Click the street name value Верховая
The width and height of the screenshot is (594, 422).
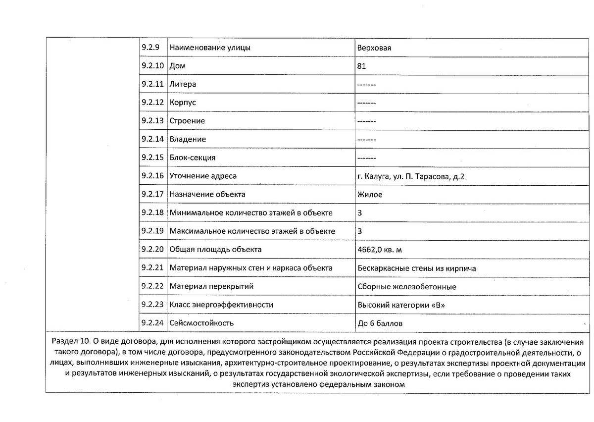click(374, 48)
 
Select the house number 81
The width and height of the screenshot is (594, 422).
click(361, 66)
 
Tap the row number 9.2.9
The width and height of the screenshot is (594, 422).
click(149, 48)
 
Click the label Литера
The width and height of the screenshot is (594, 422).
click(183, 85)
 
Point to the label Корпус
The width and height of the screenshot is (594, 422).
click(183, 103)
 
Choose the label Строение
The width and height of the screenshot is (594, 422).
click(187, 121)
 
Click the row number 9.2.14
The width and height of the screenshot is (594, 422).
click(152, 140)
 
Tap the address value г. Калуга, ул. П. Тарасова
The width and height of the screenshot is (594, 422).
click(411, 176)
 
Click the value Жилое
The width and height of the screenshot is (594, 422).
click(370, 195)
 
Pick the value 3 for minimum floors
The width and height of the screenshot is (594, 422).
click(359, 213)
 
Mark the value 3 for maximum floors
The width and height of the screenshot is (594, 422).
click(359, 231)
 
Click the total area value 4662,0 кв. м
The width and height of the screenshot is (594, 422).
click(383, 250)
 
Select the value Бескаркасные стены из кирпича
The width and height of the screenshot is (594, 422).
click(416, 268)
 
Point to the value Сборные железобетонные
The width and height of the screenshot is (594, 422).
click(406, 287)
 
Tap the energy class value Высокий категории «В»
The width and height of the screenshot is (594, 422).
click(401, 305)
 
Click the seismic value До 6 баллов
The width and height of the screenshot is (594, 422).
click(380, 323)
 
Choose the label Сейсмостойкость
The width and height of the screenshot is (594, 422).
click(201, 323)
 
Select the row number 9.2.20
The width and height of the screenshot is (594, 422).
click(152, 250)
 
